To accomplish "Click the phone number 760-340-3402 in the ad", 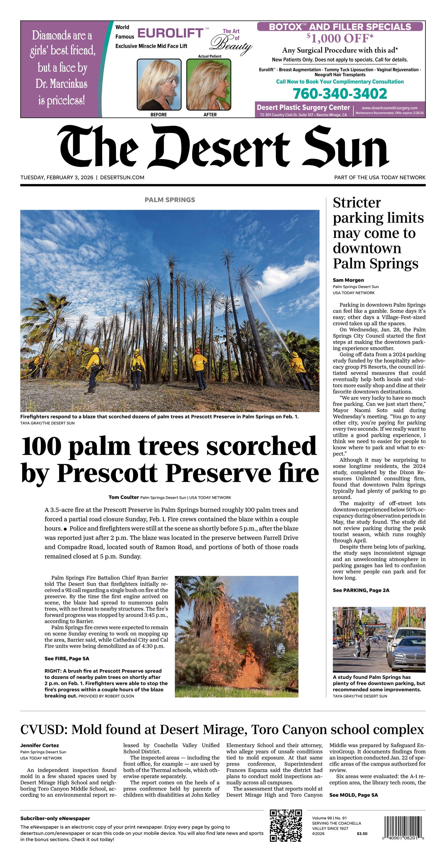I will tap(340, 94).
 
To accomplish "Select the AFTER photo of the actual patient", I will tap(209, 84).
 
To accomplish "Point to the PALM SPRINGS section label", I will tap(169, 200).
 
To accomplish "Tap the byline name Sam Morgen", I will tap(348, 280).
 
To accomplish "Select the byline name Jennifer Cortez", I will tap(40, 745).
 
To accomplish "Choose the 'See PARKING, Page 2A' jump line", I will tap(361, 590).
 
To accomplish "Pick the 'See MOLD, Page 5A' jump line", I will tap(354, 795).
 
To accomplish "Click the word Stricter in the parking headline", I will tap(357, 203).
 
